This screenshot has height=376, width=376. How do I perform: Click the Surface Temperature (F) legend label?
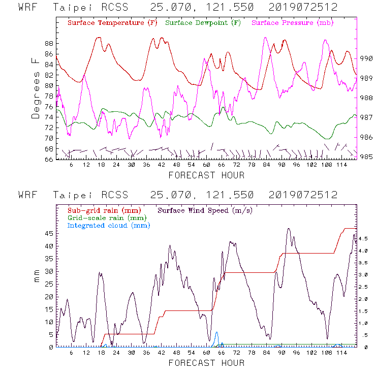(112, 23)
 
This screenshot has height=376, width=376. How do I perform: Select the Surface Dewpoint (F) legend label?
(203, 23)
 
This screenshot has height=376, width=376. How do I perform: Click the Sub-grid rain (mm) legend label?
(104, 210)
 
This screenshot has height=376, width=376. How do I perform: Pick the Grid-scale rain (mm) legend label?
(106, 218)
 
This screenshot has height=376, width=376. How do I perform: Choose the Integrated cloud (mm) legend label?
(109, 226)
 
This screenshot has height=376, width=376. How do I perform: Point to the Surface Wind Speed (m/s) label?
(205, 210)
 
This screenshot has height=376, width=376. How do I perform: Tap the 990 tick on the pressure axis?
(366, 58)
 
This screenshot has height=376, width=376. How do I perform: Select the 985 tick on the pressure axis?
(366, 156)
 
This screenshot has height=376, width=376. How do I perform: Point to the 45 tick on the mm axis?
(49, 233)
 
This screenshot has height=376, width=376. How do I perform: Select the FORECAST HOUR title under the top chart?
(206, 175)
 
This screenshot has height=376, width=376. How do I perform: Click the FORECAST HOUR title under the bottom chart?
(206, 363)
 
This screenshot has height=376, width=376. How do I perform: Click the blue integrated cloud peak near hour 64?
(217, 333)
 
